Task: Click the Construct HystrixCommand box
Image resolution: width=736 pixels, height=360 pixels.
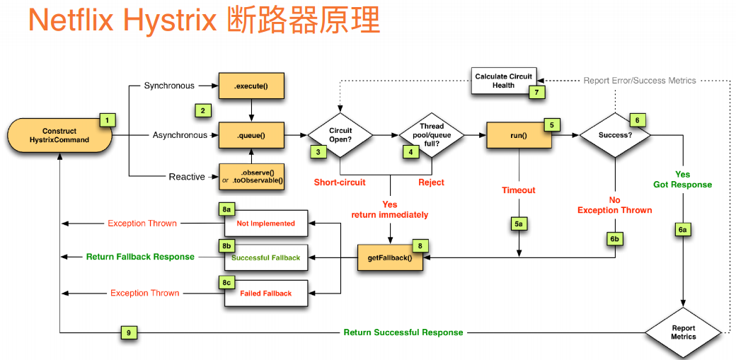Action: [60, 135]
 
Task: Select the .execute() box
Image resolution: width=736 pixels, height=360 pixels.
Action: [251, 86]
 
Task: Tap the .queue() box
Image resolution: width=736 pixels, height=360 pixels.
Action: [251, 134]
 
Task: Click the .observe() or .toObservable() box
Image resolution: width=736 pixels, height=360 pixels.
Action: [251, 177]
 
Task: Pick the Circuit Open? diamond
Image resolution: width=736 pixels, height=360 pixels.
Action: [340, 134]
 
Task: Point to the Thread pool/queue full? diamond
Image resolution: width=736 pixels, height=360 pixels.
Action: [432, 134]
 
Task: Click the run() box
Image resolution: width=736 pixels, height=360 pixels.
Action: [519, 134]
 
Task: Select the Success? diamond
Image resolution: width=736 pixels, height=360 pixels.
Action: [615, 134]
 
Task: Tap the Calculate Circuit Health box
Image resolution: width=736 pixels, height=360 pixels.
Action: [503, 81]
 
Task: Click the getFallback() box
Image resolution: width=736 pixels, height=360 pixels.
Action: [390, 258]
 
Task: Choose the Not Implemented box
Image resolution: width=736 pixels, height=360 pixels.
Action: [266, 223]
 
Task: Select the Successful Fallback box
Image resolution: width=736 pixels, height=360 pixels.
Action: [266, 257]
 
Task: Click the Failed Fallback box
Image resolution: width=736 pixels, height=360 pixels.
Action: [266, 293]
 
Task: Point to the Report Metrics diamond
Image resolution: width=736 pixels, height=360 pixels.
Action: [684, 332]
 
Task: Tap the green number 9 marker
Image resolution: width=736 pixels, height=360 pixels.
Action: [128, 332]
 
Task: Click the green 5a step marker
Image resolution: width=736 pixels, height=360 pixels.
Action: [519, 223]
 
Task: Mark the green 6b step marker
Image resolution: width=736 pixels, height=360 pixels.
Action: [615, 239]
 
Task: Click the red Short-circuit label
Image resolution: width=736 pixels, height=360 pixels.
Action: [340, 182]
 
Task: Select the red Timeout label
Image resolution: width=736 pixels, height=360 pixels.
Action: [519, 190]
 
